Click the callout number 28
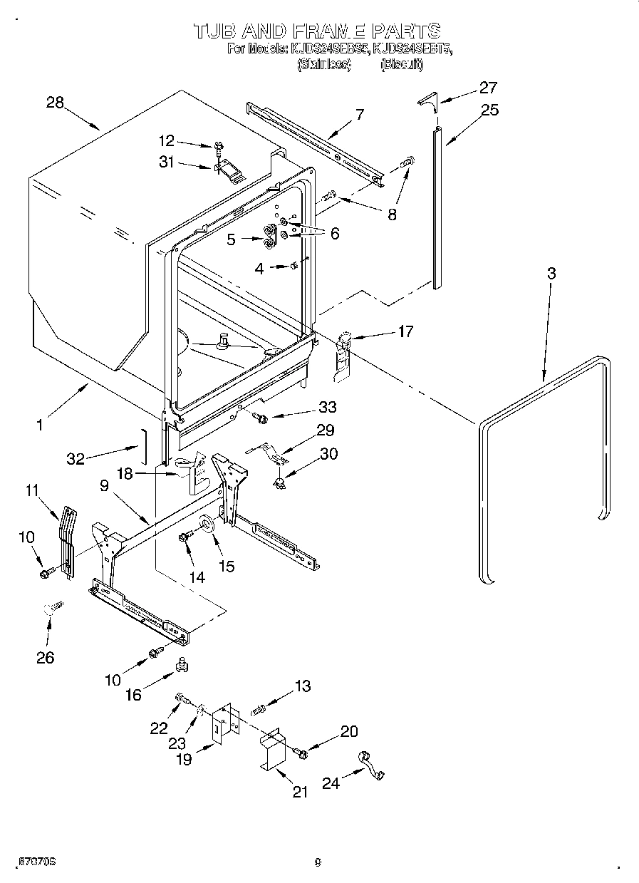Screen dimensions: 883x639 click(x=55, y=102)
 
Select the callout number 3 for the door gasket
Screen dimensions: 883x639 click(x=551, y=274)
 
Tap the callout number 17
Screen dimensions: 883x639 click(x=405, y=331)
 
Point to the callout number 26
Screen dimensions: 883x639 click(x=45, y=658)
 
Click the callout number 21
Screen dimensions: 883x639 click(x=300, y=792)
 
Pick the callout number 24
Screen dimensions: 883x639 click(x=330, y=783)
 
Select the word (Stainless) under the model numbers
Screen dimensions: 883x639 click(x=323, y=65)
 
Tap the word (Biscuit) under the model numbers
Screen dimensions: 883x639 click(x=401, y=65)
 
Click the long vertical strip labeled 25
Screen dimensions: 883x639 click(x=437, y=207)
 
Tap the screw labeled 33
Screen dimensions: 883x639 click(x=259, y=416)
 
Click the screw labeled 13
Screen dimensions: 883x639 click(x=259, y=708)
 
